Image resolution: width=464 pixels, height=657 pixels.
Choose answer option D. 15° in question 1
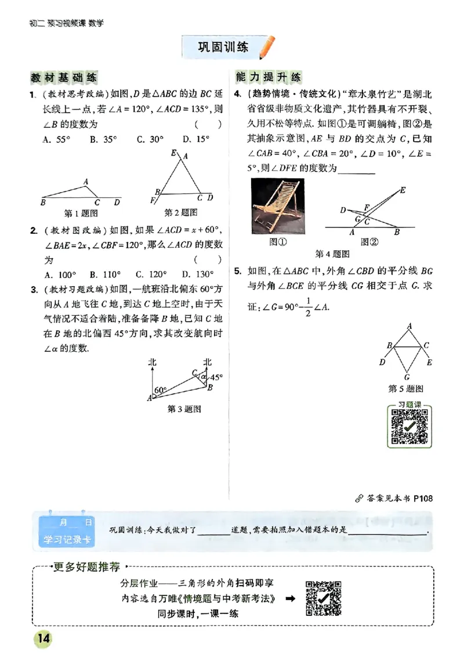click(195, 139)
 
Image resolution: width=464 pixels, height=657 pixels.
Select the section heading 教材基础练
click(64, 77)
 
